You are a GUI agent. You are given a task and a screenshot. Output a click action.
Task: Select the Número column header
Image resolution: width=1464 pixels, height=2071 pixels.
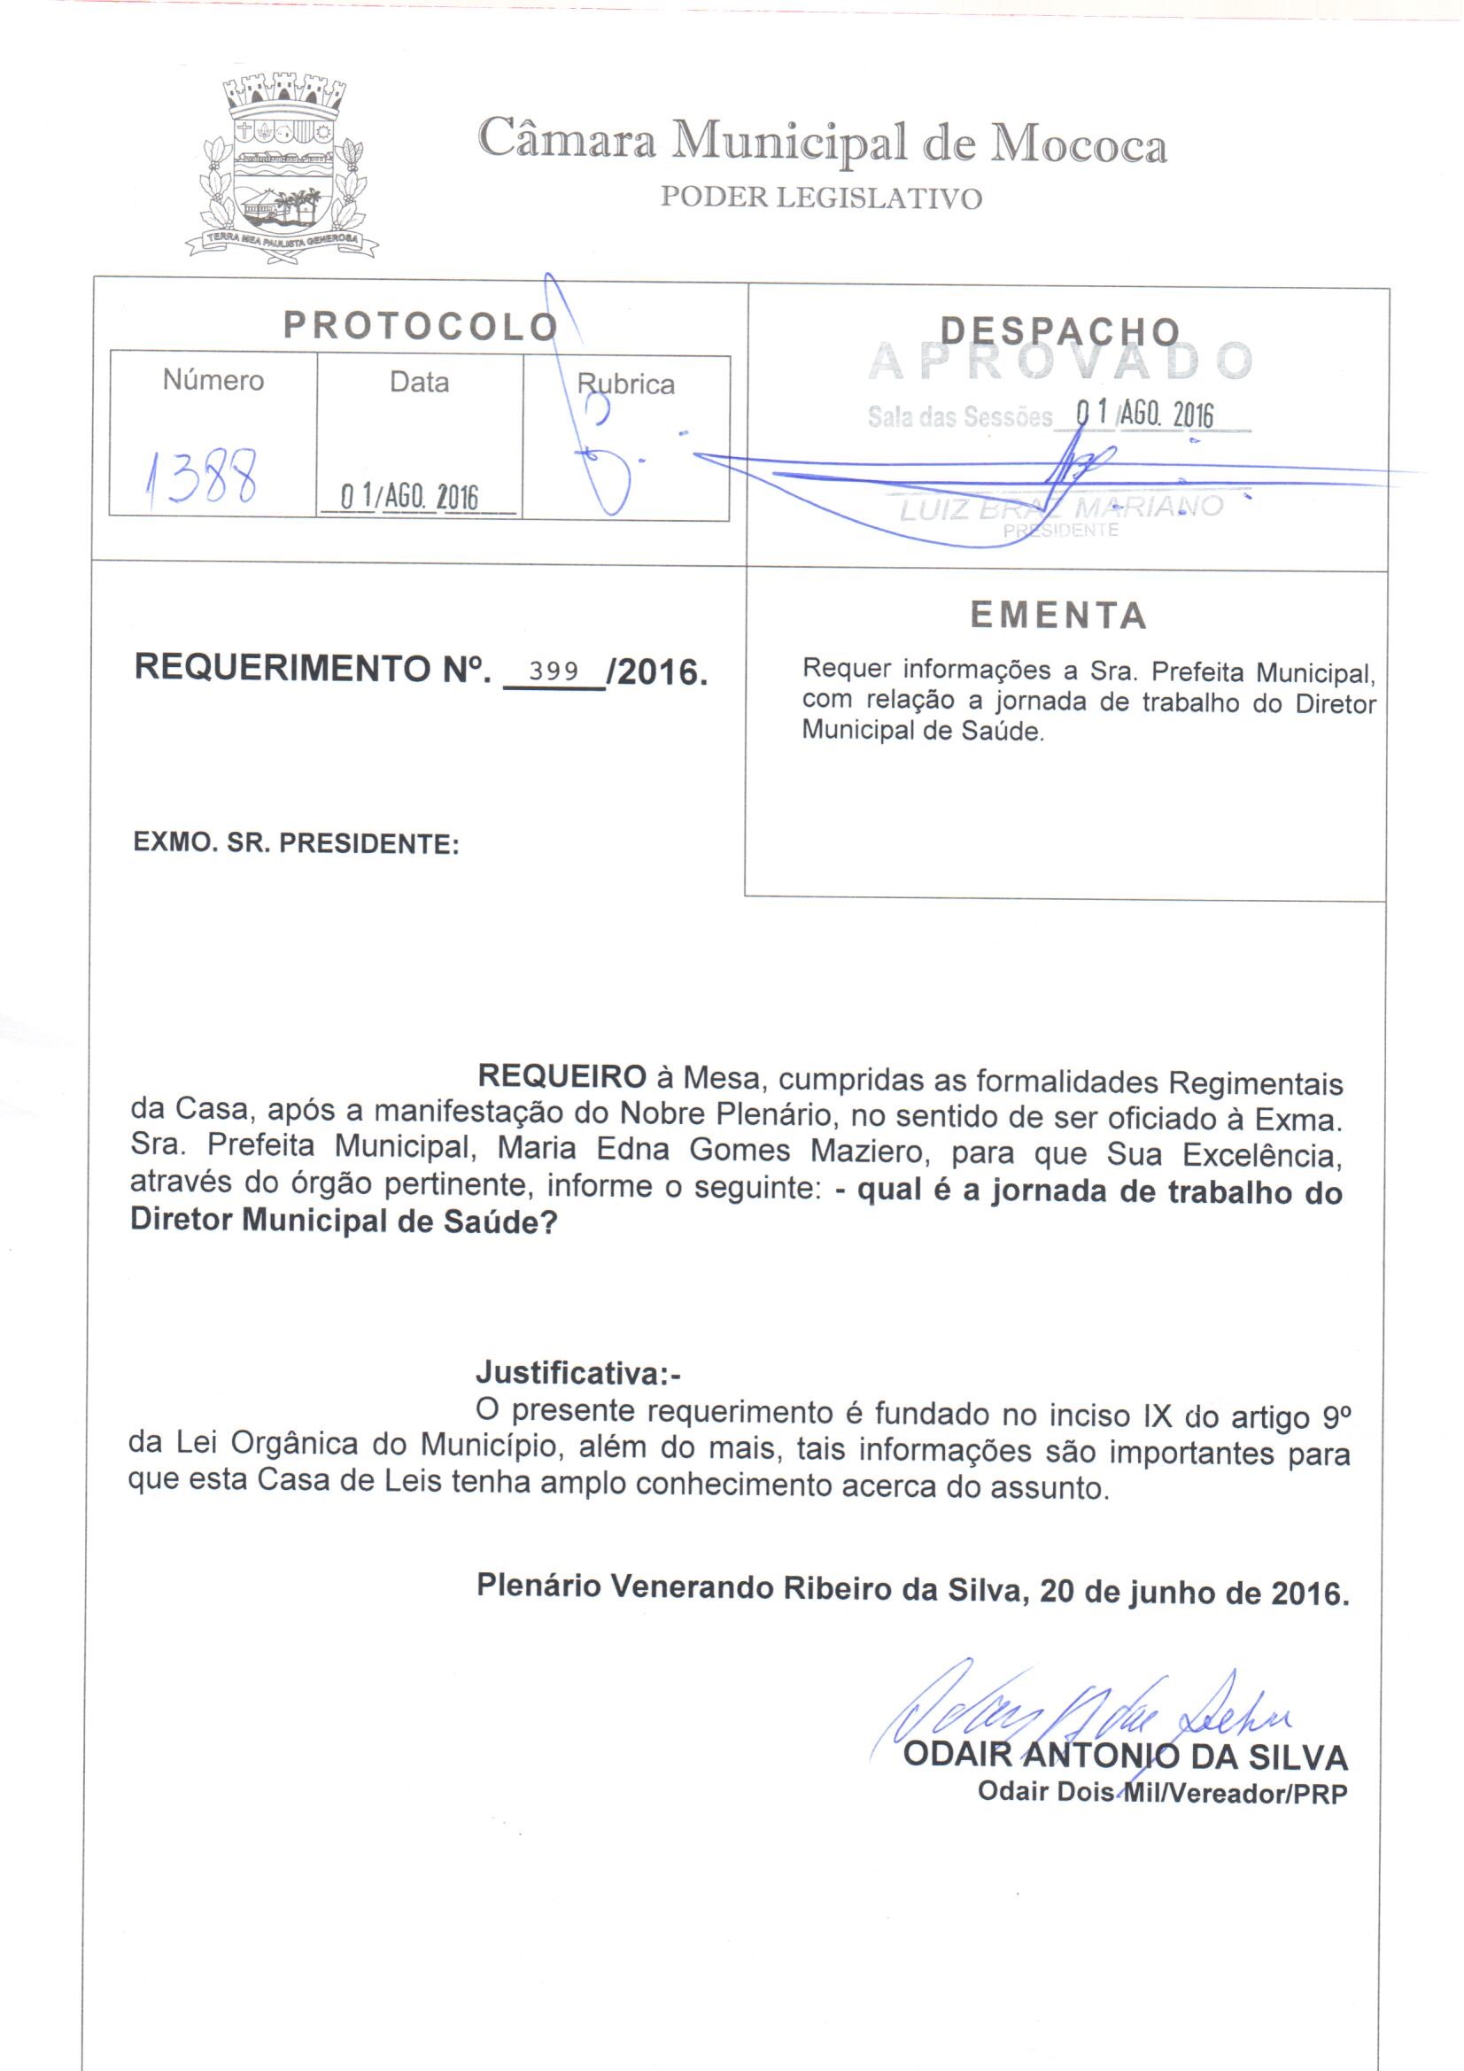point(213,381)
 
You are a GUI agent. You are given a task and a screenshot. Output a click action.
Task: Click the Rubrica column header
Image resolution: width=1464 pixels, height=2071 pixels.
point(626,384)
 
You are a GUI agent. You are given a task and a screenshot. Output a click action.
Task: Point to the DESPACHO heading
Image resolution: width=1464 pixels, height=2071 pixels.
point(1060,331)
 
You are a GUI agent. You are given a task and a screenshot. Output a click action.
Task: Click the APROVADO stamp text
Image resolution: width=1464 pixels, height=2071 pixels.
point(1060,361)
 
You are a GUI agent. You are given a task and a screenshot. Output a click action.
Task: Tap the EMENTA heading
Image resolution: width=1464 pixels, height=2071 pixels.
point(1059,616)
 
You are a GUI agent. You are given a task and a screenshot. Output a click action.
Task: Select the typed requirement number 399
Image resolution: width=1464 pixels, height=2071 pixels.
point(553,671)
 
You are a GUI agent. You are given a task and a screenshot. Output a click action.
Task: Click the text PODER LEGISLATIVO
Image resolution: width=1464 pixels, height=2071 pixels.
point(821,198)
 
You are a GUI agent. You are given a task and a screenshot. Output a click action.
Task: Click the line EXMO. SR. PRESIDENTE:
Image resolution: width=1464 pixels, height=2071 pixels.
point(296,843)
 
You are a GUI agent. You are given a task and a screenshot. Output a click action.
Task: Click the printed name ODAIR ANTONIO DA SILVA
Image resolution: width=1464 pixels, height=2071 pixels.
point(1125,1757)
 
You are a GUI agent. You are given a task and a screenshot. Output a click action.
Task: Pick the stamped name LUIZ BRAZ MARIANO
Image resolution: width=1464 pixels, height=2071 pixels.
point(1060,508)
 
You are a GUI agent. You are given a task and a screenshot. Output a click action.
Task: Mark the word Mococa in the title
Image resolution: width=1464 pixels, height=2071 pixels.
point(1078,144)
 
